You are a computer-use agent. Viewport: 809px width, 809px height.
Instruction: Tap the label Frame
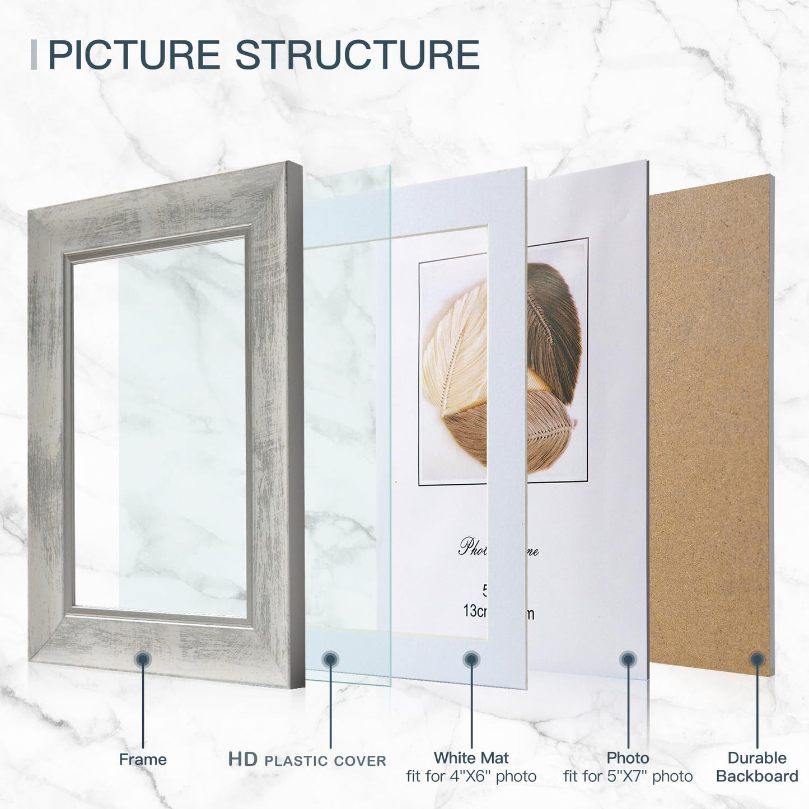coord(143,760)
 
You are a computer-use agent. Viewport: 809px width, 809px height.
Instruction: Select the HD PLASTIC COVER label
coord(307,760)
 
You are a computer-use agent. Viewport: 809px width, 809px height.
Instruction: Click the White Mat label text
coord(471,758)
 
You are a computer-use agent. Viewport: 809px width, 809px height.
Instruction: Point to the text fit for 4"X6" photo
coord(471,777)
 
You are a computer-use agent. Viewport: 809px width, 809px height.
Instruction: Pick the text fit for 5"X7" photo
coord(628,777)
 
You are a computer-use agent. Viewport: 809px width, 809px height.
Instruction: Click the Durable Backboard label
coord(757,767)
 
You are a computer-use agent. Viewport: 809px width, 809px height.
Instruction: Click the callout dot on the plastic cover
coord(330,660)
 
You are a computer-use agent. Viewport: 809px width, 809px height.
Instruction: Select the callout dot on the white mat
coord(471,660)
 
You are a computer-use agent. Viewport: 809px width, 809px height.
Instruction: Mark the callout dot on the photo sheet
coord(628,660)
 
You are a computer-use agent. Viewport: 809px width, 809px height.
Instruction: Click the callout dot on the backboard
coord(757,660)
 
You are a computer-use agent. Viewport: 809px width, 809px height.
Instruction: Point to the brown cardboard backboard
coord(711,392)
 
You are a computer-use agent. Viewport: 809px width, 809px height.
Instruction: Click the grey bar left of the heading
coord(34,55)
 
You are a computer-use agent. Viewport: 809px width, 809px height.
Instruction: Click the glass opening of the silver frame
coord(160,425)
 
